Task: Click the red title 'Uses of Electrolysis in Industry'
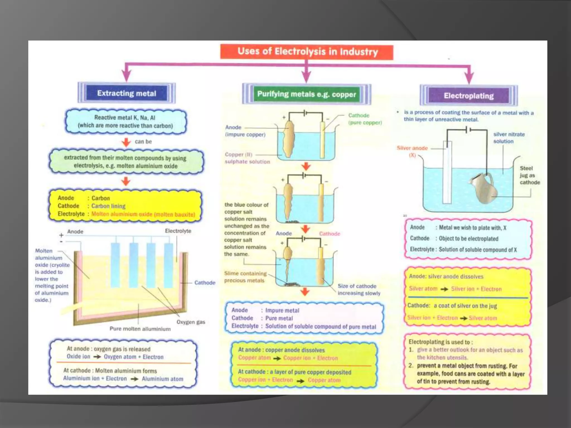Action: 307,52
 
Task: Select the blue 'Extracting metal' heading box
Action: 127,93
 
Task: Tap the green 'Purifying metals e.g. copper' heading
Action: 306,94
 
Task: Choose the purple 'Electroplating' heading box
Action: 469,96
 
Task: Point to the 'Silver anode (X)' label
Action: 412,151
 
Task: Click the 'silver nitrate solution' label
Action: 509,138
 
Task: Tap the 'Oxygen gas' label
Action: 191,322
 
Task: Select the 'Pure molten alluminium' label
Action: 140,329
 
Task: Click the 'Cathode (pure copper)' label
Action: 365,119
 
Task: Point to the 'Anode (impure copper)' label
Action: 245,131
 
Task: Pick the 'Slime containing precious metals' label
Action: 245,277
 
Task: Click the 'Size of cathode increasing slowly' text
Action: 359,290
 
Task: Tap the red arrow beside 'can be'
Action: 126,142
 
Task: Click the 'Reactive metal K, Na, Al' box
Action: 125,122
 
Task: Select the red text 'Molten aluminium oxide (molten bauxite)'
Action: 143,214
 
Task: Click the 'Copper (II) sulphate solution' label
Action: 247,158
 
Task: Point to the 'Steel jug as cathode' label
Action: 529,175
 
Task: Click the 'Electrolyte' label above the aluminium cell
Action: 178,231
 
